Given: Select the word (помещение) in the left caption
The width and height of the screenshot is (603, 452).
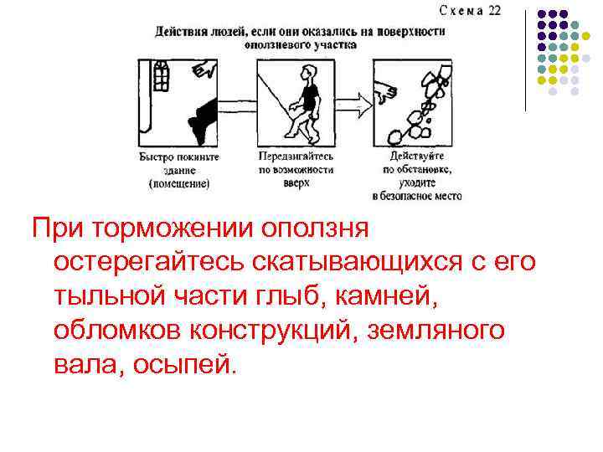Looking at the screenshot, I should (x=178, y=183).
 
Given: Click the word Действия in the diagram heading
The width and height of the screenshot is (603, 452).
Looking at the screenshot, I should (x=178, y=31).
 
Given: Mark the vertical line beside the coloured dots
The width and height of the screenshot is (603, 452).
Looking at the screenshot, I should (x=526, y=59).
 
